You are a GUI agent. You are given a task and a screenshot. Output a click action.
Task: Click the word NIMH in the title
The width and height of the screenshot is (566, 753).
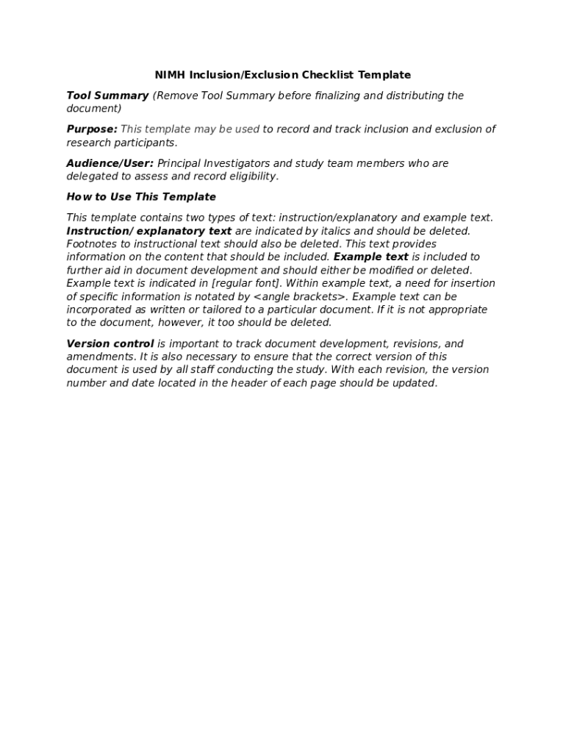(170, 75)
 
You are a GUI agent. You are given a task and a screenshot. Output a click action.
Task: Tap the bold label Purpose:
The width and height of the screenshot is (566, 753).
(92, 129)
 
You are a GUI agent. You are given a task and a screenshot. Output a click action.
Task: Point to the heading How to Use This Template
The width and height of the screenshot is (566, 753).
(141, 197)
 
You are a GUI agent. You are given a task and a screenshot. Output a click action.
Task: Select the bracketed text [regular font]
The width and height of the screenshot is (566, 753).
(247, 284)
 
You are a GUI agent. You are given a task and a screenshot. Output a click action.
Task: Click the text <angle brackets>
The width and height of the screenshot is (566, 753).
(300, 297)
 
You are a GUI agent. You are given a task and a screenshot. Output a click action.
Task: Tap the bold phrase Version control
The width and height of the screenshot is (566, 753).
(110, 344)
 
